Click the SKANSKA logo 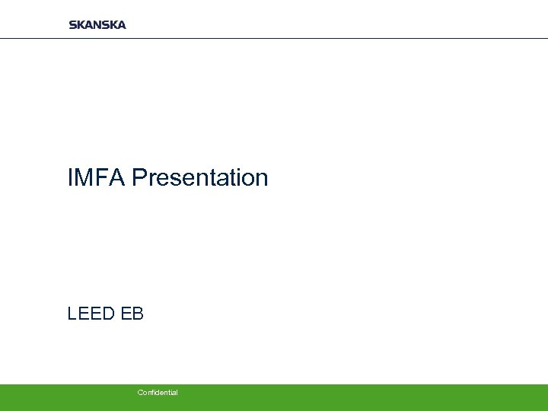coord(97,24)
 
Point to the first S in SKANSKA coord(72,24)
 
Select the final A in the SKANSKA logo coord(121,24)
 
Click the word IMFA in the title coord(97,178)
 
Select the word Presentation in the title coord(200,178)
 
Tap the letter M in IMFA coord(84,178)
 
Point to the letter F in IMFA coord(103,178)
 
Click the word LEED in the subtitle coord(91,313)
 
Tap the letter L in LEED coord(72,313)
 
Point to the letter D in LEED coord(109,313)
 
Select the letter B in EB coord(138,313)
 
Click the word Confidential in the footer coord(158,393)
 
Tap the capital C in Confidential coord(140,393)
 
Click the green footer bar coord(342,397)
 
